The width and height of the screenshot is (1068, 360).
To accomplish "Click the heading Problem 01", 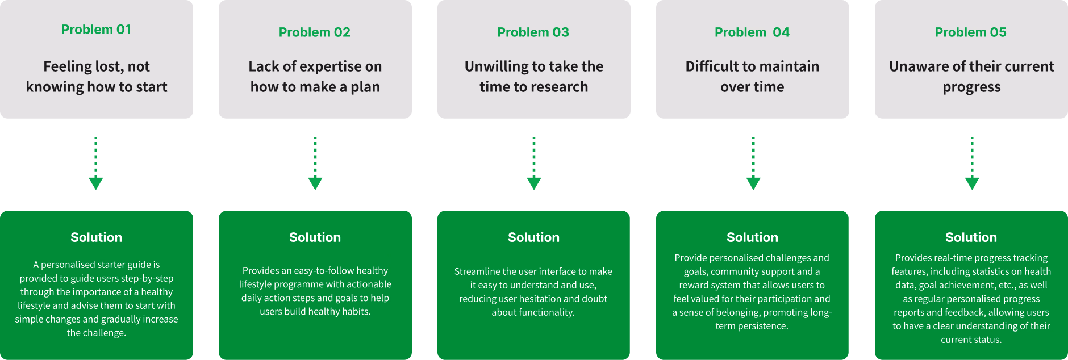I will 96,30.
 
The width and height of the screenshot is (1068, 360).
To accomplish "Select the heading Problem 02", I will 314,32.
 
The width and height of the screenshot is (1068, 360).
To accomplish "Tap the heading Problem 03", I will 533,32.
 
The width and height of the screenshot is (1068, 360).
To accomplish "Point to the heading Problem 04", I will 752,32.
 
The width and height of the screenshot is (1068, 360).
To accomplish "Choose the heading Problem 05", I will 970,32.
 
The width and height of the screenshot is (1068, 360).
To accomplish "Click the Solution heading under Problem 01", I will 96,237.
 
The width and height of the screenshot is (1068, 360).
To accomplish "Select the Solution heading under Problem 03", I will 533,237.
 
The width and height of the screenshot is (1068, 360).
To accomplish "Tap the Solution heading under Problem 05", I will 971,237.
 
